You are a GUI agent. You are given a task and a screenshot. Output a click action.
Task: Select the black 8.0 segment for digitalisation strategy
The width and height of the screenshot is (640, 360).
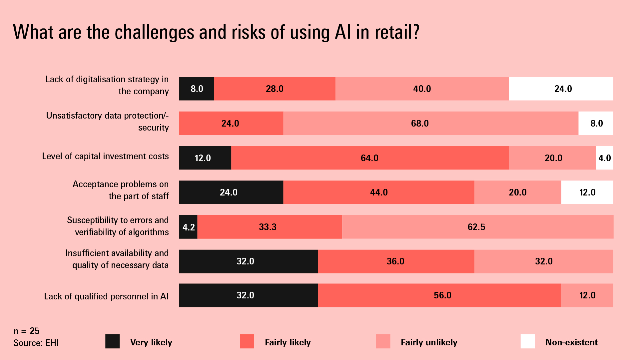pos(197,89)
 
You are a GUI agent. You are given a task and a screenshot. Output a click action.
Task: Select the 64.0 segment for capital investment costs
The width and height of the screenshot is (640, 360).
pos(370,158)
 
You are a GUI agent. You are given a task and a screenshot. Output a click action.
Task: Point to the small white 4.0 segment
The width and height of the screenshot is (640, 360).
pos(604,158)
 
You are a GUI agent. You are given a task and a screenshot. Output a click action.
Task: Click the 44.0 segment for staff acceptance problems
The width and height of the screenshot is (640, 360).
pos(378,192)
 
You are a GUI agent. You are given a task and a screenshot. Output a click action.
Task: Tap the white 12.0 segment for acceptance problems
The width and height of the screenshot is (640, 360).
pos(587,192)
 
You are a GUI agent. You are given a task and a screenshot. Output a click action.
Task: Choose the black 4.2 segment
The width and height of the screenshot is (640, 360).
pos(188,227)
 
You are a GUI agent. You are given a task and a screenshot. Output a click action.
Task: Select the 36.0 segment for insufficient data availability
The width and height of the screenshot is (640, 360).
pos(396,261)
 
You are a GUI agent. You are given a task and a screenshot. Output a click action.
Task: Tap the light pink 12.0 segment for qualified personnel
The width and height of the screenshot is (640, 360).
pos(587,295)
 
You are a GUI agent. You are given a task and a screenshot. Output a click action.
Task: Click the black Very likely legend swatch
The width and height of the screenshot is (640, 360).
pos(112,341)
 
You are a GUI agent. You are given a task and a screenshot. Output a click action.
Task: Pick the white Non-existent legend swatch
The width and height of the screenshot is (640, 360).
pos(528,341)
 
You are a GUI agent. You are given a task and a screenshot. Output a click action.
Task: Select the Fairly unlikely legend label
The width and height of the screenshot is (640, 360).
pos(429,342)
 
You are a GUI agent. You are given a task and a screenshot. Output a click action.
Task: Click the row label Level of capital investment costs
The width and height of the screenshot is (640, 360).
pos(105,156)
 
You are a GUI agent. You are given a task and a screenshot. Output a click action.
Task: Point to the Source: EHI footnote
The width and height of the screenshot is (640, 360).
pos(36,343)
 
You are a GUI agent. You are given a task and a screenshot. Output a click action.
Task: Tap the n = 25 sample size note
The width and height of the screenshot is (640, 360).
pos(26,331)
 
